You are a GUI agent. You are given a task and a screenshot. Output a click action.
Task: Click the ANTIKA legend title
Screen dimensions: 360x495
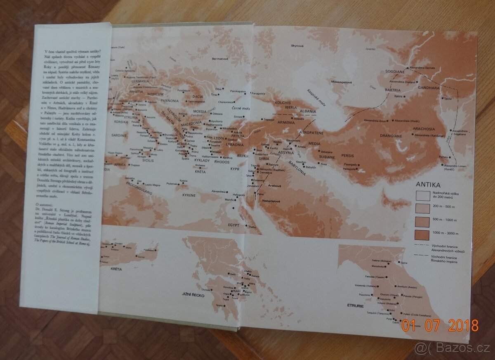pos(429,185)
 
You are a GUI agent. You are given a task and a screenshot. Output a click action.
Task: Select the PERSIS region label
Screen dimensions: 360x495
pos(348,156)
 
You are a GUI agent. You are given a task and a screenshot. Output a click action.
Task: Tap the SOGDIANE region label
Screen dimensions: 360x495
pos(395,71)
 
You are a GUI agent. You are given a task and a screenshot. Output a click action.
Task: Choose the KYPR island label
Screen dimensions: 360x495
pos(235,169)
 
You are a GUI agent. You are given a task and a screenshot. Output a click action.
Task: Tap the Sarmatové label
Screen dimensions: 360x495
pos(220,59)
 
